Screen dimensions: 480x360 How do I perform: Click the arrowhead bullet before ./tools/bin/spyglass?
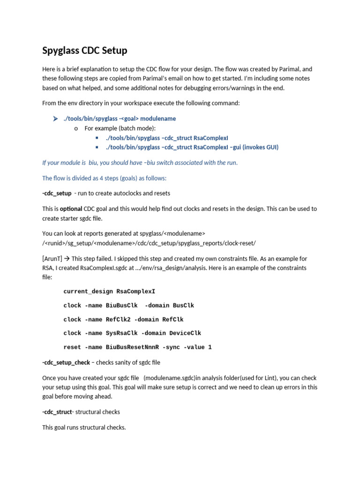tap(55, 119)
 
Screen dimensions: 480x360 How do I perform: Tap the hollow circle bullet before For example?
tap(76, 128)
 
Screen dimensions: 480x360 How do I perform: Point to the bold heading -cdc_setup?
tap(57, 193)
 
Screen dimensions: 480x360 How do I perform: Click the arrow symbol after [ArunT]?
tap(67, 259)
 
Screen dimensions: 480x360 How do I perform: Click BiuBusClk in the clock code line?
tap(122, 306)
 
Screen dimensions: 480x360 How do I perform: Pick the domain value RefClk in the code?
tap(173, 319)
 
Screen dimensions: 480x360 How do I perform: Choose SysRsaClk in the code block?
tap(122, 333)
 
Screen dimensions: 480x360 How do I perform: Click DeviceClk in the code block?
tap(185, 333)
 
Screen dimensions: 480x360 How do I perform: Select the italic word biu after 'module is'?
tap(97, 163)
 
